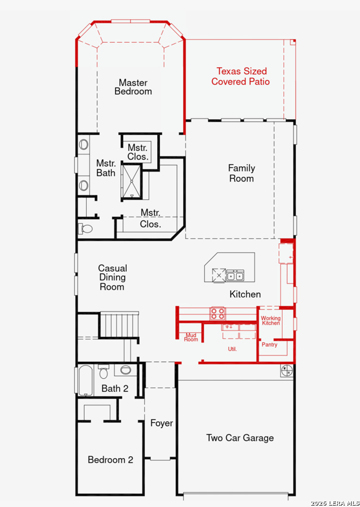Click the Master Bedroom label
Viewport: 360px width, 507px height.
[x=133, y=87]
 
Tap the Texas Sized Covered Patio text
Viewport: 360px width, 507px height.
[x=241, y=77]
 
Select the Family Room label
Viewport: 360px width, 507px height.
[x=242, y=173]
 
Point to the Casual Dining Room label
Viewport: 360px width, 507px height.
[x=113, y=277]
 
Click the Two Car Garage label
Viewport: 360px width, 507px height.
[x=240, y=438]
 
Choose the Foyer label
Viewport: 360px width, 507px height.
[x=161, y=423]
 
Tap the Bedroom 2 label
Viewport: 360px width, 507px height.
[x=110, y=460]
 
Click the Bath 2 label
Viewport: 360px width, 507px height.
[x=115, y=388]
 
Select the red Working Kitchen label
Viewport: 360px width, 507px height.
[x=271, y=321]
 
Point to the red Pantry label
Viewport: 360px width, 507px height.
[x=269, y=345]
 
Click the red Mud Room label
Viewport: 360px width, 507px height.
[x=191, y=338]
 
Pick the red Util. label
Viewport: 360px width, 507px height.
[x=232, y=349]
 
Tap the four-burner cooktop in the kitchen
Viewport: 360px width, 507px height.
[x=217, y=313]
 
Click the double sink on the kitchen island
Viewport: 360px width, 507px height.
[x=235, y=276]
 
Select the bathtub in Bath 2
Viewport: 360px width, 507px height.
[x=85, y=381]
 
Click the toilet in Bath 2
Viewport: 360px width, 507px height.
[x=104, y=371]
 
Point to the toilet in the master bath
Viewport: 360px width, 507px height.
[x=85, y=229]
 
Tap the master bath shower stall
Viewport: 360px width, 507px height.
[x=132, y=182]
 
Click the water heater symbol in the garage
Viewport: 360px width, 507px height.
[x=287, y=370]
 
